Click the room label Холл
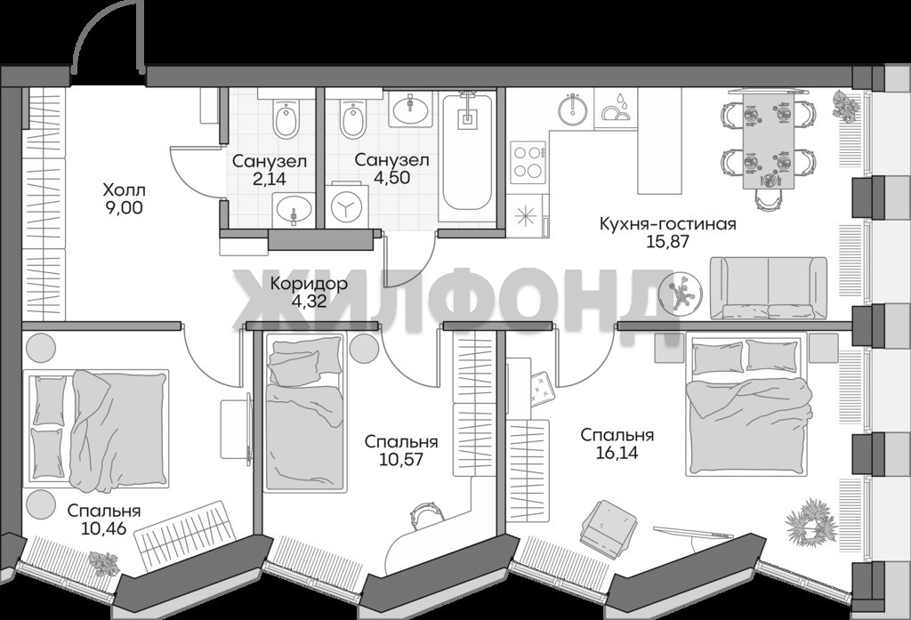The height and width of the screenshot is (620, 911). (x=124, y=190)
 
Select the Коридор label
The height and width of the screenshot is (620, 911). (x=309, y=284)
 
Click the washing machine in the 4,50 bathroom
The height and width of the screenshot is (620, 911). (x=347, y=205)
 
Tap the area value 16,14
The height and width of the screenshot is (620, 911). (x=617, y=452)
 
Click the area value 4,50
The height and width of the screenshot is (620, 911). (x=391, y=177)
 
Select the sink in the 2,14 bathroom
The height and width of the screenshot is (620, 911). (x=294, y=210)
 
